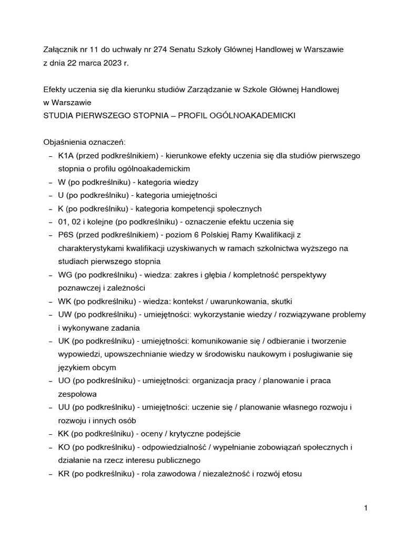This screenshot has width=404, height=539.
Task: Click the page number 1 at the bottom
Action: point(365,508)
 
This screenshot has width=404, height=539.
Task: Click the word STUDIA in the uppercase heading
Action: point(55,115)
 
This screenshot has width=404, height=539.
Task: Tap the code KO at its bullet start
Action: point(65,447)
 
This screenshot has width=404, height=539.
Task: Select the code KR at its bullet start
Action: point(65,474)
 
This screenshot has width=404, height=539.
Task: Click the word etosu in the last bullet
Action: point(291,474)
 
